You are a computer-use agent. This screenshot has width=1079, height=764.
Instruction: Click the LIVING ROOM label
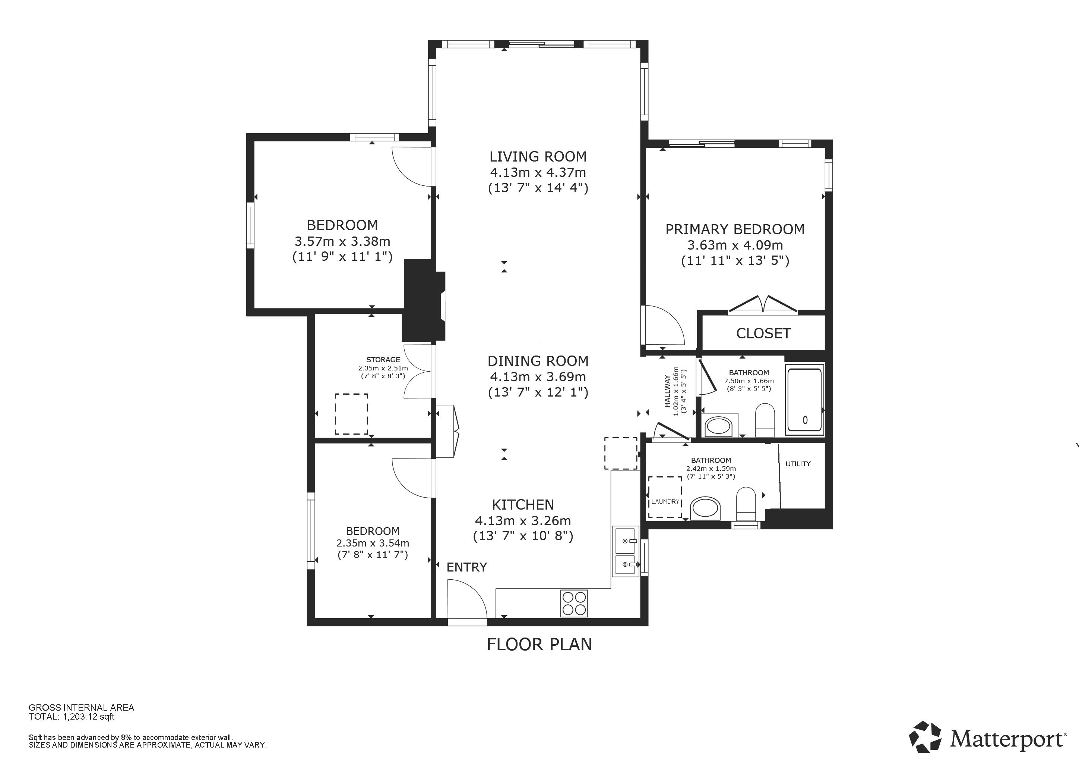[x=538, y=157]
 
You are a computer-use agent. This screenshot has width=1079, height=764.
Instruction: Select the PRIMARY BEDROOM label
[x=735, y=229]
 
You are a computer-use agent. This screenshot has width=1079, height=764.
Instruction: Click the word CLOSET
[x=763, y=334]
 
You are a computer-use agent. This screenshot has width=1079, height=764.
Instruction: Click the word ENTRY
[x=466, y=567]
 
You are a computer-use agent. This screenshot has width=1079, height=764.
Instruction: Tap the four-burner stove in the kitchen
[x=574, y=603]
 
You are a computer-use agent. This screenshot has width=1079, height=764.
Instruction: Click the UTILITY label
[x=798, y=464]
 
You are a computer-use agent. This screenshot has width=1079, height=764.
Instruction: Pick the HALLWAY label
[x=667, y=391]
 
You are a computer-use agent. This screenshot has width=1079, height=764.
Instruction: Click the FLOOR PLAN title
[x=539, y=644]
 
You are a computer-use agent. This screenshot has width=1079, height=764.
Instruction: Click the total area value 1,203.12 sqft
[x=89, y=717]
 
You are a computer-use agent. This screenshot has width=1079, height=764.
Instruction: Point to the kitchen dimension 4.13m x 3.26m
[x=523, y=521]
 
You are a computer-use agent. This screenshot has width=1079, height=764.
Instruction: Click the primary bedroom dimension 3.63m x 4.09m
[x=735, y=245]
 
